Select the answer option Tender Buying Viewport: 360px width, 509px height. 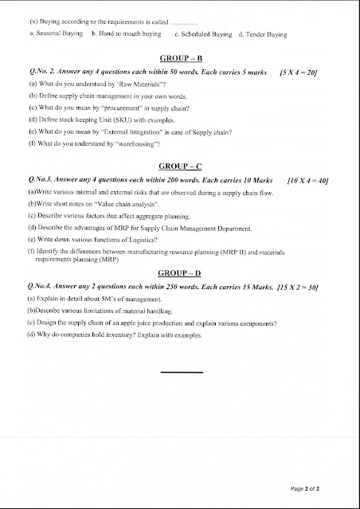258,35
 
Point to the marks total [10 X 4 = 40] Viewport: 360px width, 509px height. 307,180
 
